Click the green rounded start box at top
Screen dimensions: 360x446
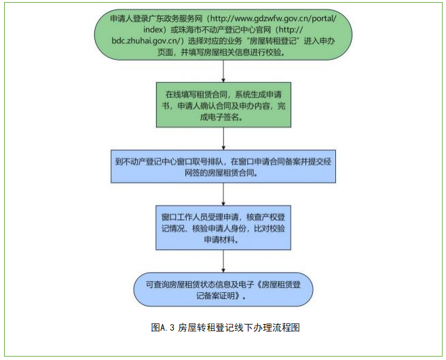pyautogui.click(x=223, y=42)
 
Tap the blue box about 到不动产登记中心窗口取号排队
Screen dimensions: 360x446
pyautogui.click(x=223, y=166)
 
